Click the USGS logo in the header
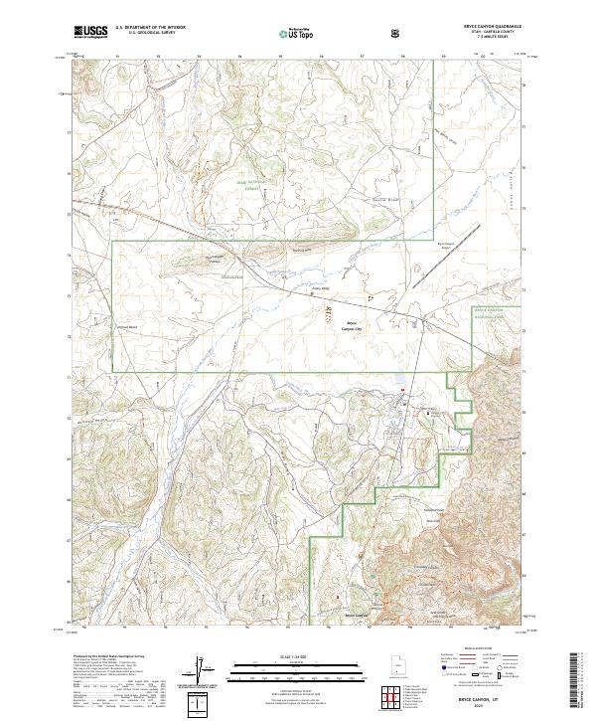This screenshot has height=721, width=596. coord(88,32)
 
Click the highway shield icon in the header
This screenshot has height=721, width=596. coord(396,33)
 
